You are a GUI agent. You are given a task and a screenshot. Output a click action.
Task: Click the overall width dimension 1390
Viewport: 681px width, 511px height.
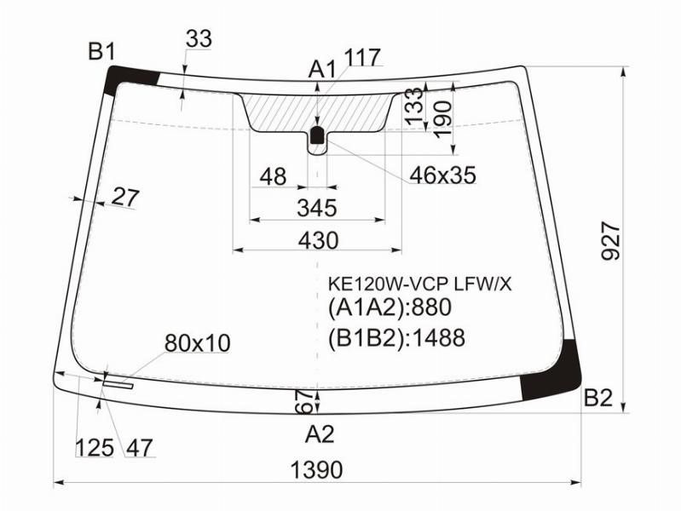click(x=316, y=470)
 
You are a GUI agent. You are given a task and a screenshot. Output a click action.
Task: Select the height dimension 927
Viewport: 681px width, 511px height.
click(x=610, y=240)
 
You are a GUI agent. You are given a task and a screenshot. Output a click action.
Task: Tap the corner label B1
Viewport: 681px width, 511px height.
click(x=102, y=52)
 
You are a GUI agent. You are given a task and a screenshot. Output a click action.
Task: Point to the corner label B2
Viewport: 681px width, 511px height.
click(x=598, y=398)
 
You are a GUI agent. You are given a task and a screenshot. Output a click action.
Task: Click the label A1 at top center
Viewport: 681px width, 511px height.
click(x=322, y=70)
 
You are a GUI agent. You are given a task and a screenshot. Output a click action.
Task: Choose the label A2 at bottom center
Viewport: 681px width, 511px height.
click(x=320, y=434)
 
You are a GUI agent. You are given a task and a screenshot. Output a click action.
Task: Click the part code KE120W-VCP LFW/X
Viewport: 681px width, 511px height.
click(x=419, y=284)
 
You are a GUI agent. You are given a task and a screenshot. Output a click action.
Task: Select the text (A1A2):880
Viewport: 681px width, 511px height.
click(x=390, y=307)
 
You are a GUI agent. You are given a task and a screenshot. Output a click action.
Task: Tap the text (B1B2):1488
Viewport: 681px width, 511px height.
click(x=396, y=338)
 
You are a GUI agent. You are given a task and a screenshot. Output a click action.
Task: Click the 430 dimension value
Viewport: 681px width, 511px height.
click(x=318, y=240)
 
